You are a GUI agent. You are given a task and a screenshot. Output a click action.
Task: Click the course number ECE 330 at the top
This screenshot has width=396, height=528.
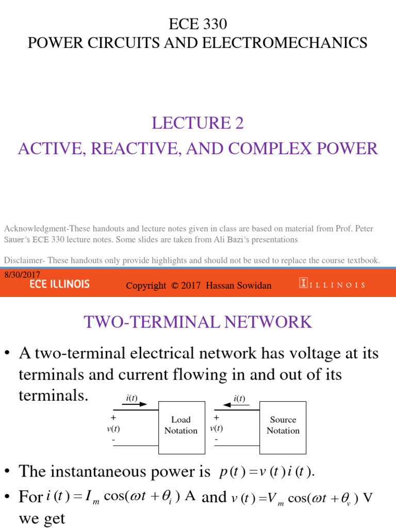[x=197, y=24]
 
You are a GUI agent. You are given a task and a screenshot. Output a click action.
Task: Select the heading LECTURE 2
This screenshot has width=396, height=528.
[x=197, y=123]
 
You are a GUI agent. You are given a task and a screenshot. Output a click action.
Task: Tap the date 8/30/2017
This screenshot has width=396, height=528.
[x=22, y=275]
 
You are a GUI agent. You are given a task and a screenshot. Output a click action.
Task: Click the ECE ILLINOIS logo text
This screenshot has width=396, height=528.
[x=59, y=284]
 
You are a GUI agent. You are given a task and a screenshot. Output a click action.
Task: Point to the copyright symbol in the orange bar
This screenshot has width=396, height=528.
[x=174, y=285]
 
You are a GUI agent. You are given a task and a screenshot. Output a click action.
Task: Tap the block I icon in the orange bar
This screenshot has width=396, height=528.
[x=304, y=284]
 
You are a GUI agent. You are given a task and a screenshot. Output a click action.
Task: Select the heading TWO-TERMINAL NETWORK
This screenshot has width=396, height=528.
[x=198, y=322]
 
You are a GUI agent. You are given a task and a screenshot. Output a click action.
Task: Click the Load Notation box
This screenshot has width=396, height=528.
[x=181, y=425]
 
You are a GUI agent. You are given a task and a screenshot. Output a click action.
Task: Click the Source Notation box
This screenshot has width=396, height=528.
[x=283, y=425]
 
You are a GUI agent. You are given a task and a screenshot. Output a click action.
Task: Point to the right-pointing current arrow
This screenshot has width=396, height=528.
[x=136, y=405]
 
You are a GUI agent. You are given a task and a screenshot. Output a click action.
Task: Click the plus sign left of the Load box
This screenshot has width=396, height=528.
[x=113, y=417]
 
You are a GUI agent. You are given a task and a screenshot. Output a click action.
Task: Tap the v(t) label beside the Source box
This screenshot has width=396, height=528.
[x=217, y=428]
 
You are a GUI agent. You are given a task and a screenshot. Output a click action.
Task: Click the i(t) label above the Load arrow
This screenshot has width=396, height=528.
[x=132, y=398]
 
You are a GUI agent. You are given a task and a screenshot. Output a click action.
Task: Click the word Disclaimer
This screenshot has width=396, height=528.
[x=21, y=260]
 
